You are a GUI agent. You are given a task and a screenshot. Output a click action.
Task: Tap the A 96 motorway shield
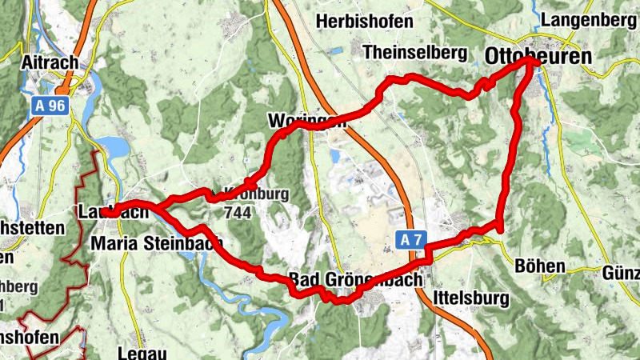pyautogui.click(x=49, y=104)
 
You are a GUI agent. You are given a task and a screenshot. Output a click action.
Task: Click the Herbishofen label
pyautogui.click(x=365, y=22)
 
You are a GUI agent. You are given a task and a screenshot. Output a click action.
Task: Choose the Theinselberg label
pyautogui.click(x=414, y=52)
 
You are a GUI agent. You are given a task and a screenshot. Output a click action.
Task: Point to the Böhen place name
pyautogui.click(x=541, y=266)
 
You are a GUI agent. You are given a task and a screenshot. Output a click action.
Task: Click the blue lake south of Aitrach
pyautogui.click(x=114, y=147)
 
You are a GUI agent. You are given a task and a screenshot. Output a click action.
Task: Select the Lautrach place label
pyautogui.click(x=113, y=213)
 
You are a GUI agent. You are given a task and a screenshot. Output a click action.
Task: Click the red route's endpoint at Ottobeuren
pyautogui.click(x=530, y=62)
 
